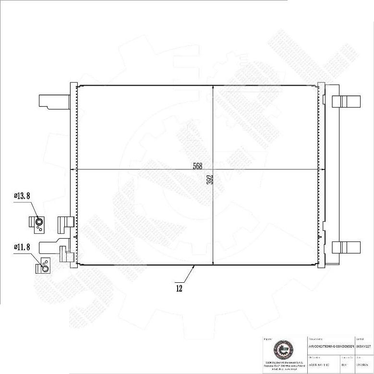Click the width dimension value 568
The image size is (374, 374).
point(197,166)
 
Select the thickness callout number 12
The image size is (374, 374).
point(179,289)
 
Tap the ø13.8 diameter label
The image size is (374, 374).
point(22,196)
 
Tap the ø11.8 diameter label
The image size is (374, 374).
point(22,247)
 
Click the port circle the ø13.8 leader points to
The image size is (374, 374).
point(38,222)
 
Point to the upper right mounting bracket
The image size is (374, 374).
point(346,101)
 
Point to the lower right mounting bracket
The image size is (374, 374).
point(346,247)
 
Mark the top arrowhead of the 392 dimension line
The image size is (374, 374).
point(213,87)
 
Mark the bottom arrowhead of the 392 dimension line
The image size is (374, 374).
point(213,263)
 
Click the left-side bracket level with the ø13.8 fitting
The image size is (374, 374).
point(65,222)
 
